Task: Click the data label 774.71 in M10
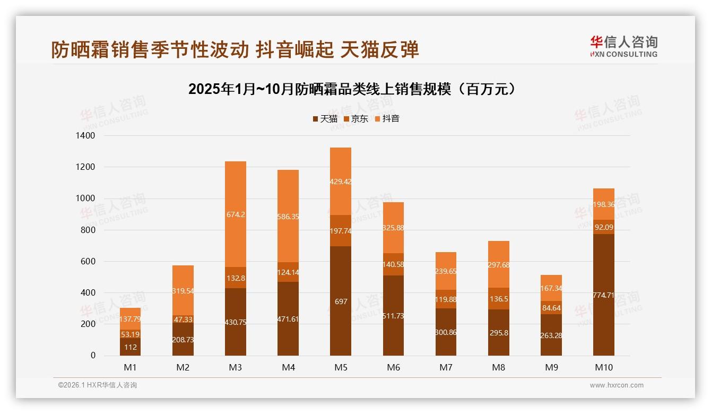[x=603, y=295]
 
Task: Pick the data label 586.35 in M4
[x=288, y=217]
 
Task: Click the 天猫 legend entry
[x=325, y=119]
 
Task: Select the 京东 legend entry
[x=356, y=119]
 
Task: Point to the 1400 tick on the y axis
[x=85, y=136]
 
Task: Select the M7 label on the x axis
[x=446, y=367]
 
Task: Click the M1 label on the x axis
[x=130, y=367]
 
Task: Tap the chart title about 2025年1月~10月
[x=352, y=89]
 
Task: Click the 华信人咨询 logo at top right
[x=623, y=46]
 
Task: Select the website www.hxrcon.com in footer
[x=617, y=385]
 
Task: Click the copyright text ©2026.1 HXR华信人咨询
[x=98, y=385]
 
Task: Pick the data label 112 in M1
[x=130, y=348]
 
